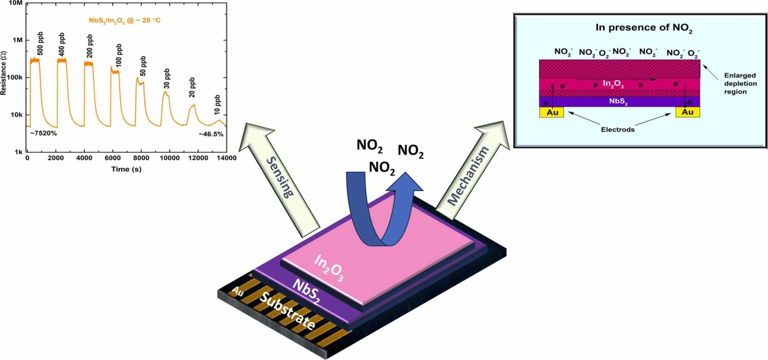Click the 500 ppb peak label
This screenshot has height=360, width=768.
40,43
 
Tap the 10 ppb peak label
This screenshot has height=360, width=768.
218,104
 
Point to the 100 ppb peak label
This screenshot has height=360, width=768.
119,55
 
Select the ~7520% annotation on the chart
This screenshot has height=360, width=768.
43,133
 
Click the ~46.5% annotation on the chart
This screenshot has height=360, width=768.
211,134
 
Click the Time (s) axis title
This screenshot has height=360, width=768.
126,169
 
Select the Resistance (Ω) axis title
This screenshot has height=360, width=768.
4,73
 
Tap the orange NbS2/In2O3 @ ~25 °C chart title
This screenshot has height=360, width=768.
124,20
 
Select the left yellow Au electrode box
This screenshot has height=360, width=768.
551,112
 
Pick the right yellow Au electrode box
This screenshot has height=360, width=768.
688,112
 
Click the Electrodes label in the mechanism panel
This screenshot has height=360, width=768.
618,130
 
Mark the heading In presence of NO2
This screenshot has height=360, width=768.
644,28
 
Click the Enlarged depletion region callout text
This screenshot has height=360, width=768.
740,83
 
